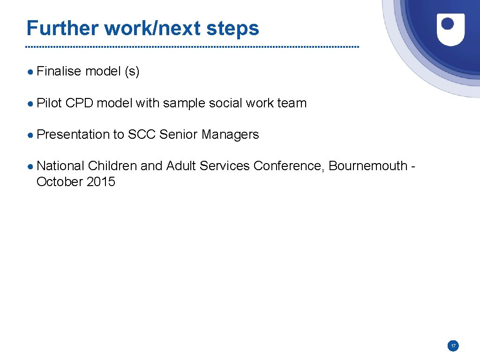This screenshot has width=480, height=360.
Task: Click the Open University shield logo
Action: tap(450, 29)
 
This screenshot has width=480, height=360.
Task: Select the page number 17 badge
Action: tap(453, 346)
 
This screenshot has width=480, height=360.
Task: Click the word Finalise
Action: tap(59, 71)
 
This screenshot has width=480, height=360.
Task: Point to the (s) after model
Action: tap(131, 72)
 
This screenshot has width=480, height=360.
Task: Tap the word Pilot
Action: tap(49, 103)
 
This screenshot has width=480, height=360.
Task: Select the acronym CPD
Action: tap(79, 103)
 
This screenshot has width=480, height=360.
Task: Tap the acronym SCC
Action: tap(142, 135)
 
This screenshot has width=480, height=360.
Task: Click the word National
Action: tap(60, 166)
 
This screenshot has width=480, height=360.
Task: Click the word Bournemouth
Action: tap(368, 166)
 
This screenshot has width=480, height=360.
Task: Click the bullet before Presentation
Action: tap(30, 135)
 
